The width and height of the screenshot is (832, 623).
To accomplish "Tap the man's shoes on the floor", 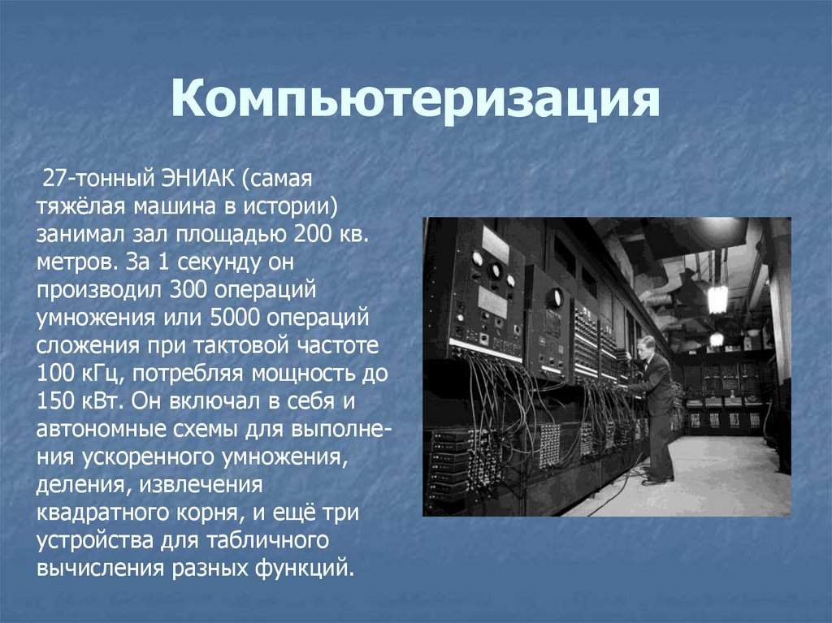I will (656, 480).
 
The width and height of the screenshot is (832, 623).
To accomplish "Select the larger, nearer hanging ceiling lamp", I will (717, 298).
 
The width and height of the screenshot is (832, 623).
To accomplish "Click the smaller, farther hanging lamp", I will (716, 339).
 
